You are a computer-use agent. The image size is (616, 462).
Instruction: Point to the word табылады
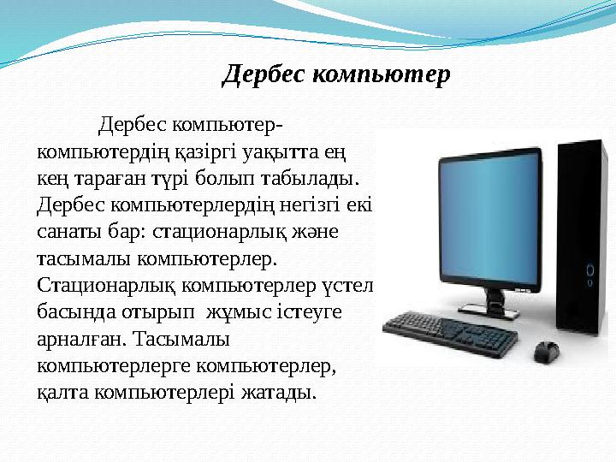click(315, 180)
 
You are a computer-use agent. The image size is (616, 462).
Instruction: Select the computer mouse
click(546, 351)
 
